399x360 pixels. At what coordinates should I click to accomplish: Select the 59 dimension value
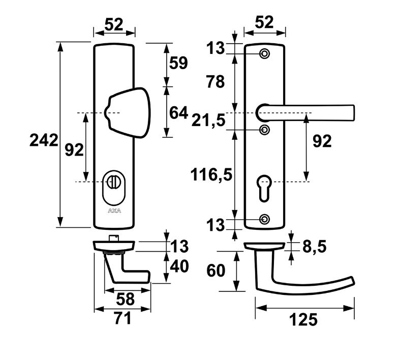178,64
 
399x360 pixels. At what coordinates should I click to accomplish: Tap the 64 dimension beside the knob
178,112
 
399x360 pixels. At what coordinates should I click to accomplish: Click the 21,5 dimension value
208,121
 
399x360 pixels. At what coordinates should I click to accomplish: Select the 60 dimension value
215,271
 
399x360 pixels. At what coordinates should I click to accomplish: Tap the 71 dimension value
122,319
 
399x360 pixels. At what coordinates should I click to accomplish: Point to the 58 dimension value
122,298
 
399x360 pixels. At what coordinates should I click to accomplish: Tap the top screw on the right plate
264,54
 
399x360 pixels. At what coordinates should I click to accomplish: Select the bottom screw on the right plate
264,219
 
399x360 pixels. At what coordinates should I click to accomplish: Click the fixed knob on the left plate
128,110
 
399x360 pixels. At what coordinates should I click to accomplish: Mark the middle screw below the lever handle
264,130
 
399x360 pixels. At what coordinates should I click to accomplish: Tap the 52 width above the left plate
114,24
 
